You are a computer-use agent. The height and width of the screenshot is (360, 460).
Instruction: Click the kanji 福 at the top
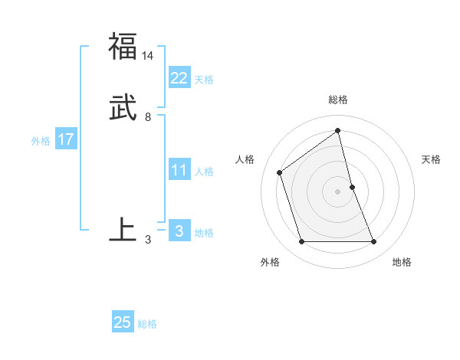click(123, 46)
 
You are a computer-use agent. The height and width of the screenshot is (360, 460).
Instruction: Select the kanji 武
click(123, 107)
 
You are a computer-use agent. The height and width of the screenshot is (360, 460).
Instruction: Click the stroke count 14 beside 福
click(148, 56)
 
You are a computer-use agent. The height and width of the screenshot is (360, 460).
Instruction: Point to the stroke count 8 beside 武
click(148, 117)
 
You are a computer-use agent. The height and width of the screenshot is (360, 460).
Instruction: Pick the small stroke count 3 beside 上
click(148, 240)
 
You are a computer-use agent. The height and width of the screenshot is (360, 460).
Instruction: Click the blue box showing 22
click(179, 77)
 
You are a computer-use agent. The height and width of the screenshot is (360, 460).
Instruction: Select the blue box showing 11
click(179, 169)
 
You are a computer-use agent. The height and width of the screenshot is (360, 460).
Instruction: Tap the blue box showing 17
click(65, 139)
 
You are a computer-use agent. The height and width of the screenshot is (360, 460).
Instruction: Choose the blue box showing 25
click(123, 322)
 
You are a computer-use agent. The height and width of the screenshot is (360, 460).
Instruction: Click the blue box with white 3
click(179, 231)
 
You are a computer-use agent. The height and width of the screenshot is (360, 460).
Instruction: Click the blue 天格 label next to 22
click(204, 80)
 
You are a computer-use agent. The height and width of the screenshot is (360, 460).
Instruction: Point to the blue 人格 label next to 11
click(204, 172)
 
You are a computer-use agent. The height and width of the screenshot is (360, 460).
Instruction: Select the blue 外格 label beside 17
click(41, 141)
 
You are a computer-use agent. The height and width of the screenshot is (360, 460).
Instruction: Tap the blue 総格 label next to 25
click(147, 324)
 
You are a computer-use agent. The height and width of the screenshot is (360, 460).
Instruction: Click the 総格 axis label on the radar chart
click(338, 100)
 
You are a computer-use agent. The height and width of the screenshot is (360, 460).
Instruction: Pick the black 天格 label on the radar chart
click(431, 159)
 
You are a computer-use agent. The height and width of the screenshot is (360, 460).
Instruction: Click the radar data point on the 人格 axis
click(280, 172)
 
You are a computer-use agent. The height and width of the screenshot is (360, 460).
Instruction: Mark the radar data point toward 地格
click(374, 242)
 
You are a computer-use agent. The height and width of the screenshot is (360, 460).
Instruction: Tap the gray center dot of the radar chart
click(338, 191)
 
